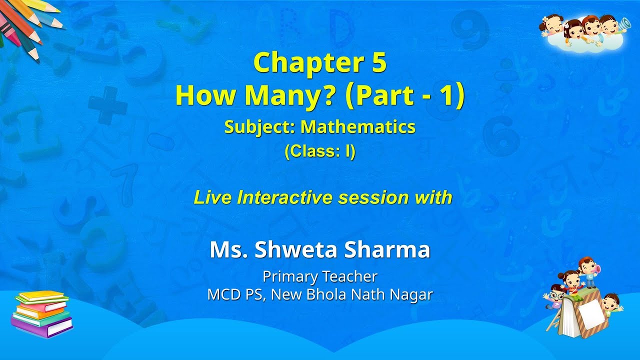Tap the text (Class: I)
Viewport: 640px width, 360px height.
pos(320,151)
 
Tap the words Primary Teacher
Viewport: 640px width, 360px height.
pos(320,276)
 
